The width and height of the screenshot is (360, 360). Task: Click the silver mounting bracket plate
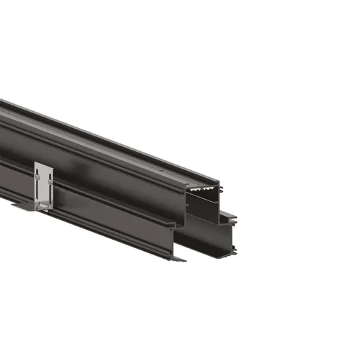44,184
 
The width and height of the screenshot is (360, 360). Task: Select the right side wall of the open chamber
218,207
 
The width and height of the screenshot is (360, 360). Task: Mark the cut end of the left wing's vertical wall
176,239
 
